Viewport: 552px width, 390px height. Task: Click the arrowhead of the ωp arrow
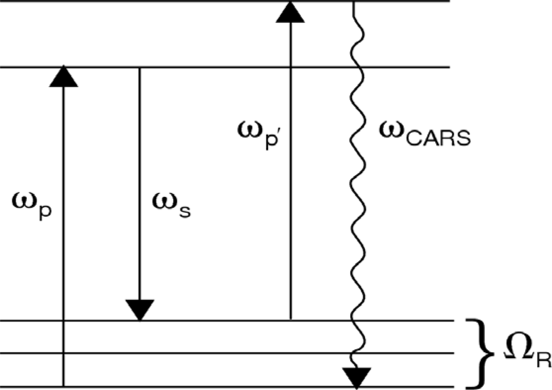coord(64,76)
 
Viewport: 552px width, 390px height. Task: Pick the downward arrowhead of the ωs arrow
coord(140,310)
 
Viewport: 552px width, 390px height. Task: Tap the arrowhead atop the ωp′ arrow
coord(290,12)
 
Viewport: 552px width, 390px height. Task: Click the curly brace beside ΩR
coord(481,353)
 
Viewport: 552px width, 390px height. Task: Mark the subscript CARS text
coord(438,138)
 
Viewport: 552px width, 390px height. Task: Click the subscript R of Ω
coord(543,360)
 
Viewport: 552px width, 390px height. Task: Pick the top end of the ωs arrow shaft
coord(140,68)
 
